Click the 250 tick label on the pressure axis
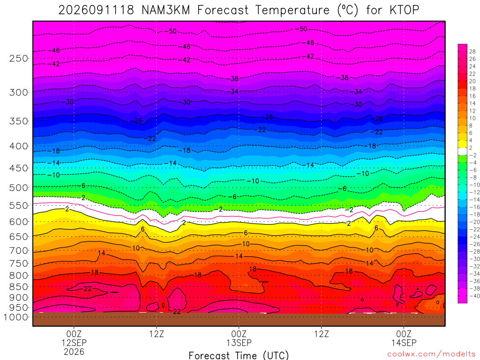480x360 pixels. click(18, 58)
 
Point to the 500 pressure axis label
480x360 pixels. click(18, 187)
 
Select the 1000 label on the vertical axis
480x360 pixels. click(16, 317)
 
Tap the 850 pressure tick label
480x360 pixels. click(18, 287)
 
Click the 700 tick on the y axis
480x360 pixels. click(18, 251)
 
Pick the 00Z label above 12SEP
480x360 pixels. click(74, 334)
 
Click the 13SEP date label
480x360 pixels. click(239, 343)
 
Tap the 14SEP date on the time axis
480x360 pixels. click(404, 343)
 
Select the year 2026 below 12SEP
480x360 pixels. click(74, 352)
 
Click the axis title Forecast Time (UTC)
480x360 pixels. click(239, 355)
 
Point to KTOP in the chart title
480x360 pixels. click(404, 10)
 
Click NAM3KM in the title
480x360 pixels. click(165, 10)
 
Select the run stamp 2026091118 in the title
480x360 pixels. click(96, 10)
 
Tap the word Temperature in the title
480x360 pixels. click(292, 10)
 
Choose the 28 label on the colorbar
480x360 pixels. click(472, 52)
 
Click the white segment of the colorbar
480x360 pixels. click(463, 151)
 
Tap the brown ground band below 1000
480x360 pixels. click(239, 319)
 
